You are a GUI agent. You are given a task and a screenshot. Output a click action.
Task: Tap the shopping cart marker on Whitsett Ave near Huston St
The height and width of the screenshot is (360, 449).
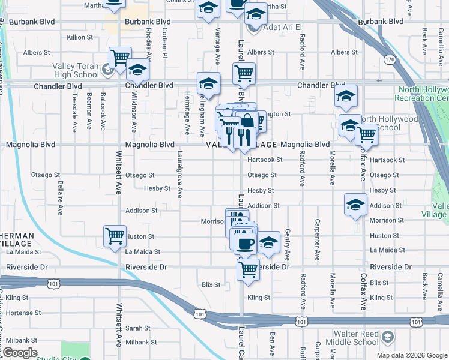tap(114, 235)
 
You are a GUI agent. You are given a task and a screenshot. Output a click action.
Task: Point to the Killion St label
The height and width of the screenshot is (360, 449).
tap(80, 37)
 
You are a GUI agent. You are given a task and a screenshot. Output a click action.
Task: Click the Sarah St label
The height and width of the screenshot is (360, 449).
tap(138, 328)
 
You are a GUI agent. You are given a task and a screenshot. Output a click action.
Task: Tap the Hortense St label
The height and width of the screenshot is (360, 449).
tap(23, 313)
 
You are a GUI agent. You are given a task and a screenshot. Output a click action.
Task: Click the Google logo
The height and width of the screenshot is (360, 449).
tap(20, 353)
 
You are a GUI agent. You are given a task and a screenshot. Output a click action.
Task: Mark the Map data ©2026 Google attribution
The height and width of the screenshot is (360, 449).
tap(411, 355)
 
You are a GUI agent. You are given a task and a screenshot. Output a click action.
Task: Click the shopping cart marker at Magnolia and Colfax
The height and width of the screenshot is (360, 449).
tap(366, 134)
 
